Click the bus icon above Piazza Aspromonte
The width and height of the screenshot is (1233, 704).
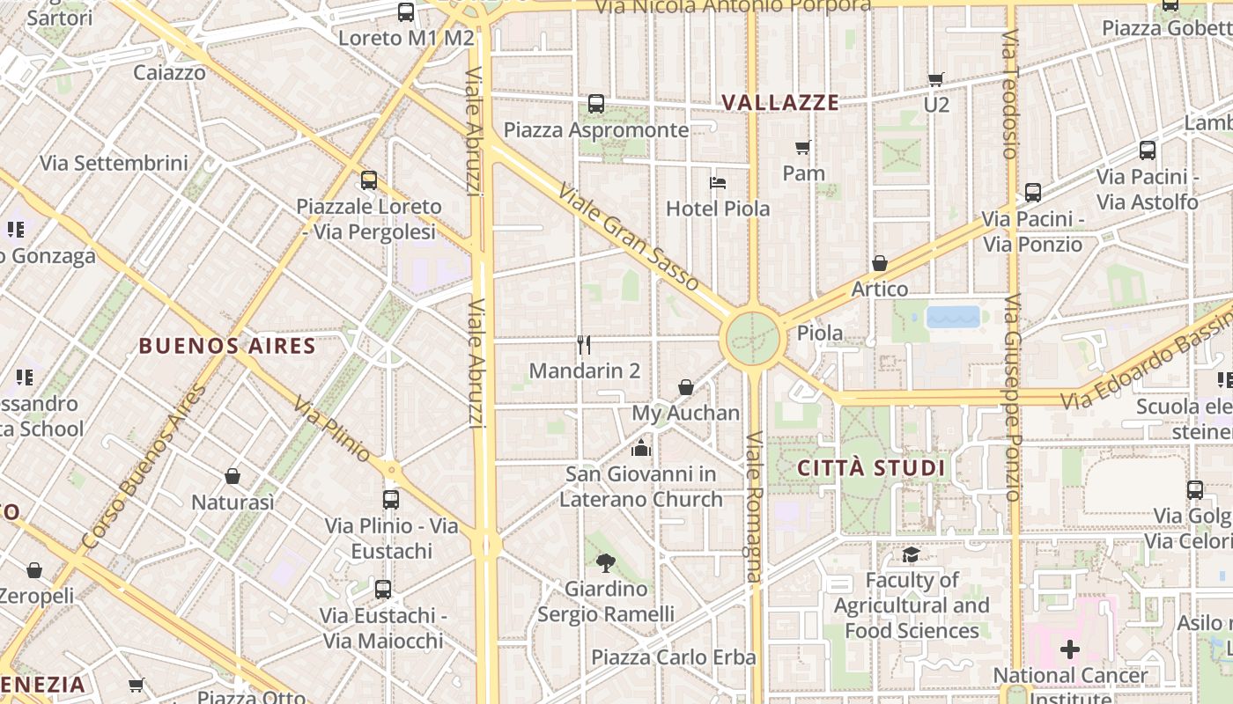pos(596,104)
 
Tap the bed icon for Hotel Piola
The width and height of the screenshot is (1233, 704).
pos(718,183)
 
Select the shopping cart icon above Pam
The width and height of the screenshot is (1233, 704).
pos(802,147)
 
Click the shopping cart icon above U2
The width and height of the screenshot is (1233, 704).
pos(935,80)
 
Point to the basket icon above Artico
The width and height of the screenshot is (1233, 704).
pos(879,263)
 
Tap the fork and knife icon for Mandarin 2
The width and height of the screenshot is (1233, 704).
pos(583,344)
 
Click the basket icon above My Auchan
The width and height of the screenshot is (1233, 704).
pos(686,387)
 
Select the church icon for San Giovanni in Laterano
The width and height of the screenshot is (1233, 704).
pos(640,448)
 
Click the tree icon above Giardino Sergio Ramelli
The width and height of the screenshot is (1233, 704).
pos(605,562)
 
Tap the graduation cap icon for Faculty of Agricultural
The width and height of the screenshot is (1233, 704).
pos(910,554)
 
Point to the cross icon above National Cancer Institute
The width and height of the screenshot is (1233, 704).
pos(1070,650)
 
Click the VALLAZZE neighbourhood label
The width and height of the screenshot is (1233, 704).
pos(780,103)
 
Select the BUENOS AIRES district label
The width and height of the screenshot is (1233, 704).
pos(227,346)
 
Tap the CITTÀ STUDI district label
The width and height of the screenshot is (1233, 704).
pos(871,468)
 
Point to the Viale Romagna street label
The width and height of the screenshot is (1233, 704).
pos(754,506)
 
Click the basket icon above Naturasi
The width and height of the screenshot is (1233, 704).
pos(233,476)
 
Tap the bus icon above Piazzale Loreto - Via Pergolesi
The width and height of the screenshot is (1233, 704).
pos(369,180)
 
